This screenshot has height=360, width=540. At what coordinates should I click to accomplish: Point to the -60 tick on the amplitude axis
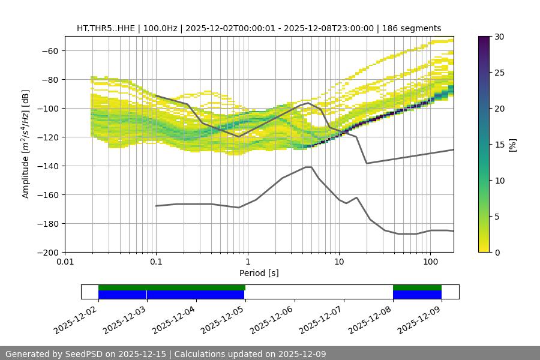(x=49, y=51)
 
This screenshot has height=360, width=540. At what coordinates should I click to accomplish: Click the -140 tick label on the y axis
(x=47, y=166)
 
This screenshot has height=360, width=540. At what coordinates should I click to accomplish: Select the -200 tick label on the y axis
(x=47, y=253)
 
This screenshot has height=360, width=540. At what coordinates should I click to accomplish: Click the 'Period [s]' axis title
(x=259, y=273)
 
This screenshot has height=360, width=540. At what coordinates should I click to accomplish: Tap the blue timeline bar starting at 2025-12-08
(x=417, y=295)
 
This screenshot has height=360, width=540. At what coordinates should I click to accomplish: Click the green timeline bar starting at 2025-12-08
(x=417, y=287)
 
